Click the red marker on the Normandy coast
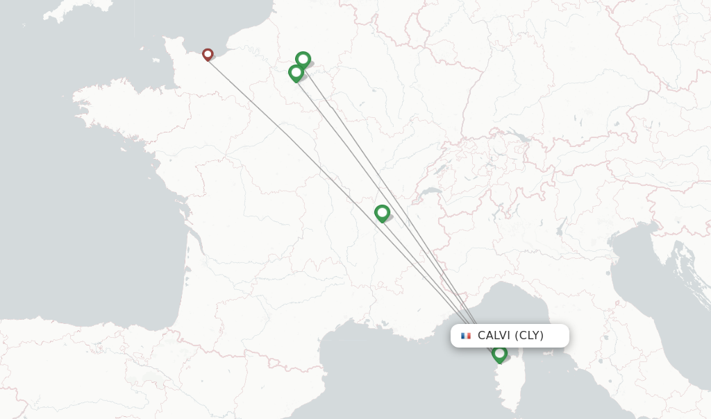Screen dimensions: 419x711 pos(207,54)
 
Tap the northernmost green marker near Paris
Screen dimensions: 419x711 pos(303,60)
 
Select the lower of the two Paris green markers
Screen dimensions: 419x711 pos(296,72)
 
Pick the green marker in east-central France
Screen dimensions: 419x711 pos(382,212)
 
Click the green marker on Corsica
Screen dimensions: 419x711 pos(499,354)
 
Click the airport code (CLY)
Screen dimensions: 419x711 pos(530,336)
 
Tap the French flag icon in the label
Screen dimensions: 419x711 pos(466,336)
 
